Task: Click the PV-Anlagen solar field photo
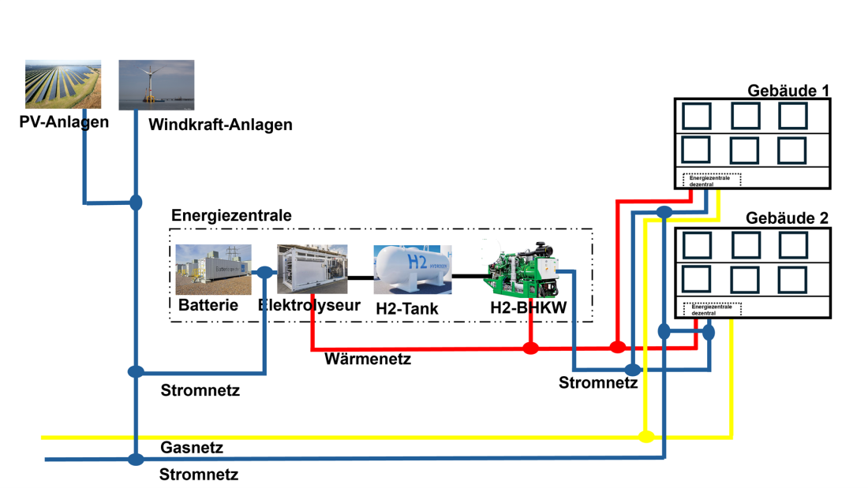click(63, 84)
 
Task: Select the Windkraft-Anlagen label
click(220, 125)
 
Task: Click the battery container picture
click(213, 268)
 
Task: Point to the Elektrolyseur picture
click(311, 269)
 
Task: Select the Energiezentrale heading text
click(231, 216)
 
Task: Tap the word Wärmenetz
click(368, 360)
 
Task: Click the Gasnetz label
click(192, 448)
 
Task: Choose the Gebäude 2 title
click(788, 218)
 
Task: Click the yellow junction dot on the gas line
click(646, 437)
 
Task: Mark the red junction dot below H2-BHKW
click(530, 347)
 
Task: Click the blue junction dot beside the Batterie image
click(264, 273)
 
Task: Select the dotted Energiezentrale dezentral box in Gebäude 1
click(712, 179)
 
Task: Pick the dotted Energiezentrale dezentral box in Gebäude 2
click(712, 308)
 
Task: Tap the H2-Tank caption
click(406, 309)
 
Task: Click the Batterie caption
click(208, 305)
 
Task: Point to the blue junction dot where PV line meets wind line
click(136, 203)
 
